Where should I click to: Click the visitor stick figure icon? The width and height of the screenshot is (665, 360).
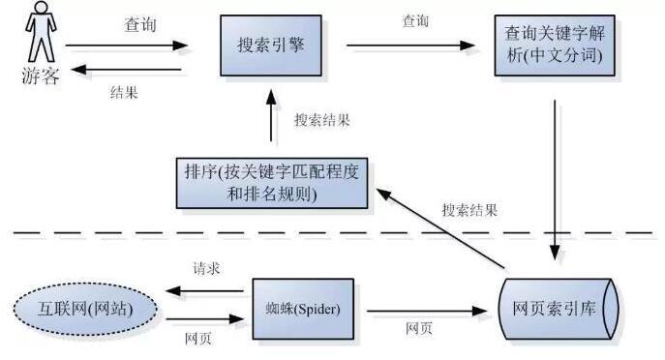[x=40, y=33]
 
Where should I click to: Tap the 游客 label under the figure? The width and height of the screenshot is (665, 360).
[x=40, y=76]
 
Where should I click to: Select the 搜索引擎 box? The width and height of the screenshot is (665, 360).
[x=267, y=45]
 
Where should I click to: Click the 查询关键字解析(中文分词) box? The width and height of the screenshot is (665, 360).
[x=554, y=45]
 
